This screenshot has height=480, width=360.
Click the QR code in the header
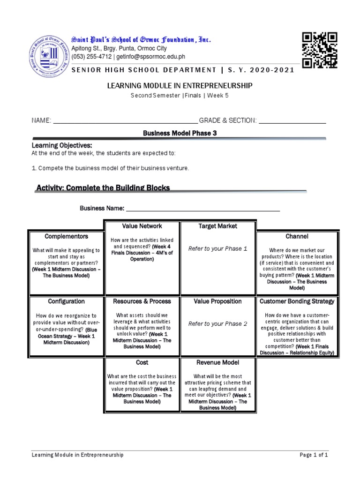coord(319,50)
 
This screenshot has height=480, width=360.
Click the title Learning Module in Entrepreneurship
coord(180,85)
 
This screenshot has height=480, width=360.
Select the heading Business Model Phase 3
coord(180,133)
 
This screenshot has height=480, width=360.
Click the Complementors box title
coord(66,236)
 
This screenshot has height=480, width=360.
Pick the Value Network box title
coord(142,226)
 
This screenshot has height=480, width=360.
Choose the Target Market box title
coord(217,226)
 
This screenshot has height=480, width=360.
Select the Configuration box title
coord(66,301)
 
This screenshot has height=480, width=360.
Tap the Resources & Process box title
coord(142,301)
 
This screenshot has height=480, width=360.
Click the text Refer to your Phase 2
coord(217,324)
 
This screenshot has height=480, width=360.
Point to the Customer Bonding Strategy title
coord(297,301)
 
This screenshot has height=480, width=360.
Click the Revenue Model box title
coord(217,362)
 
